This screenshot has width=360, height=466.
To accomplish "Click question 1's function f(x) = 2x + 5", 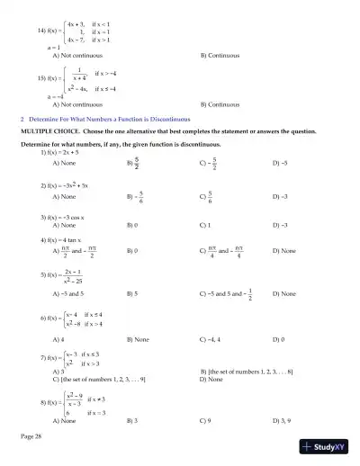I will click(70, 152).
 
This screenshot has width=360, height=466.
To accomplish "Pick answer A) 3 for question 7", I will click(59, 371).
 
